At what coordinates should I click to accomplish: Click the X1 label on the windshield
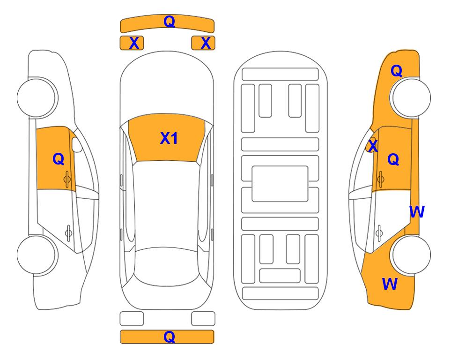point(169,138)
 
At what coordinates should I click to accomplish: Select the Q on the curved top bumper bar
point(169,21)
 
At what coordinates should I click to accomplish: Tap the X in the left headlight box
point(134,43)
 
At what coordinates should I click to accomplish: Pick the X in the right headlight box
point(206,43)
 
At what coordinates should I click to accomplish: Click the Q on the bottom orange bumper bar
point(169,337)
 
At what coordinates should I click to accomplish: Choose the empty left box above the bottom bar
point(132,319)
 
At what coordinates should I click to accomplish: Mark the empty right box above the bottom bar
point(203,319)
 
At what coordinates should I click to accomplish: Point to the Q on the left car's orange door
point(59,159)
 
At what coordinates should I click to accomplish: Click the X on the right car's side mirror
point(373,145)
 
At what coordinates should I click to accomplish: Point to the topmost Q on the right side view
point(396,71)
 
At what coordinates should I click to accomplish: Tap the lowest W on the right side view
point(390,284)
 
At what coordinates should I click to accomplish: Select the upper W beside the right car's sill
point(417,212)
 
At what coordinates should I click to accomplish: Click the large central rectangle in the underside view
point(280,184)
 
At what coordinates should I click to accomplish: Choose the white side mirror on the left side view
point(77,144)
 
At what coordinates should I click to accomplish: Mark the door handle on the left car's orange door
point(67,179)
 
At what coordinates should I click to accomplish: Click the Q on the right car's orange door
point(393,159)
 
